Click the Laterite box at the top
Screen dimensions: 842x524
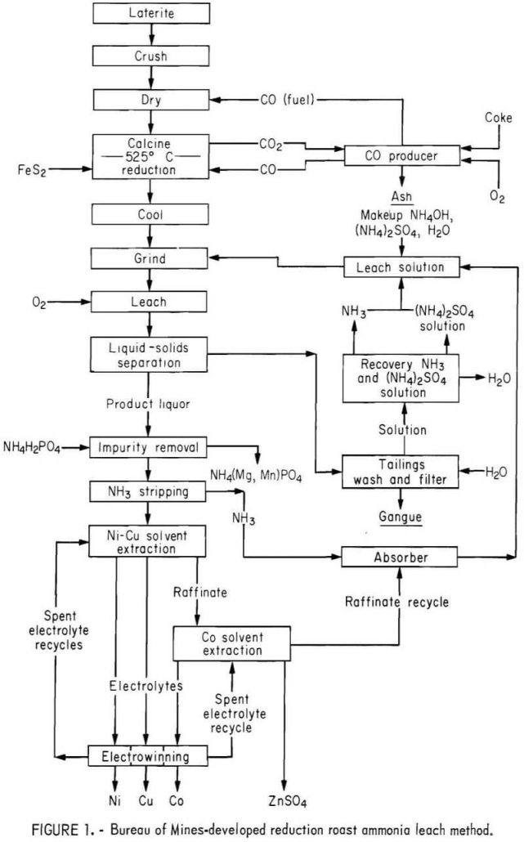pos(151,14)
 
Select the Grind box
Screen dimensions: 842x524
pos(151,259)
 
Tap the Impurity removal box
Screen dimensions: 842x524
pos(151,448)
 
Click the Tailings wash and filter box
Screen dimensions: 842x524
pos(400,472)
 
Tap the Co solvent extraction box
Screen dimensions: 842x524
pos(231,643)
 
